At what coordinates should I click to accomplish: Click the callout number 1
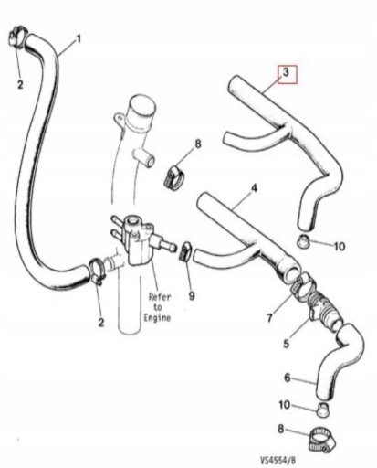79,39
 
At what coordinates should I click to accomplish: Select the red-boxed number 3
286,72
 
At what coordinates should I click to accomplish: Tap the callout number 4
254,188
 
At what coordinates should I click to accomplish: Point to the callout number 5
286,344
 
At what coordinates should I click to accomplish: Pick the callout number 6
288,378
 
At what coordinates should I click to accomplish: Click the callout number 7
270,318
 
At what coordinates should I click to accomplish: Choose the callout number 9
191,295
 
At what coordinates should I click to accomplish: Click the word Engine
157,318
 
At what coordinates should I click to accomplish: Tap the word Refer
160,296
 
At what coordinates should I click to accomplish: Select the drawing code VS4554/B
278,459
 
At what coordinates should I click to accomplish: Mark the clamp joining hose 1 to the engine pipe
98,271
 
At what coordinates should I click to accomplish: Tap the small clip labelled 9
185,251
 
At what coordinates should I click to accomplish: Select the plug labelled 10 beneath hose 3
303,240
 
